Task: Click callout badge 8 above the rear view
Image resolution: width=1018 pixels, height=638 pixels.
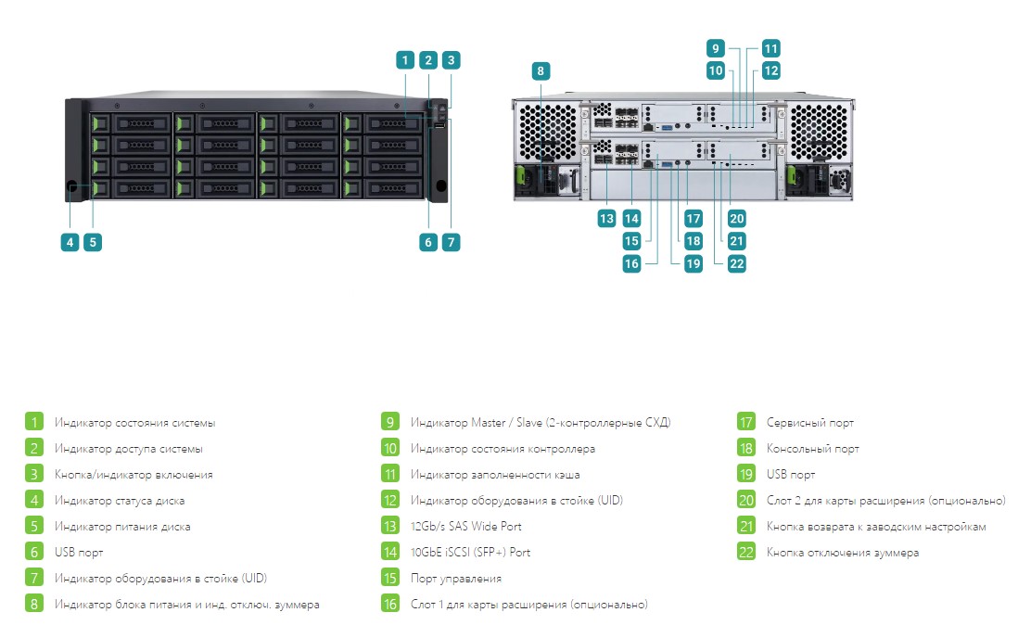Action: click(x=541, y=70)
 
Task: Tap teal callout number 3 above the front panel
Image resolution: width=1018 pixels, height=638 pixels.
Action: click(x=452, y=60)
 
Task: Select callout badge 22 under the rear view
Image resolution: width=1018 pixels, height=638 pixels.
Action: click(x=736, y=263)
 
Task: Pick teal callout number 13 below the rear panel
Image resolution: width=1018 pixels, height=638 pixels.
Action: click(x=606, y=218)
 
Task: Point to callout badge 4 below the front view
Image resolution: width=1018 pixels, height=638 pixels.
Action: click(x=70, y=242)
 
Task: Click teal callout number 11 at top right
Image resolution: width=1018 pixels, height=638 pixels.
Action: click(x=770, y=48)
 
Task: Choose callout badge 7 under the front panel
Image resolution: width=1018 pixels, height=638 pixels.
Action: click(x=452, y=242)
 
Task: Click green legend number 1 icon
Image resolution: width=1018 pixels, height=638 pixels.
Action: click(x=34, y=422)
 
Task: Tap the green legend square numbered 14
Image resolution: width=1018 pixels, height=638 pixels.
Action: click(x=390, y=553)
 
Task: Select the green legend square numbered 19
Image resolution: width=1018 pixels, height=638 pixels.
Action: click(x=746, y=474)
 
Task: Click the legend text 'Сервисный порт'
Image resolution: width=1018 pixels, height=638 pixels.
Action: click(x=810, y=423)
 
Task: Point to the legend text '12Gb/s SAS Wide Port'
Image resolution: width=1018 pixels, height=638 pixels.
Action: click(x=466, y=526)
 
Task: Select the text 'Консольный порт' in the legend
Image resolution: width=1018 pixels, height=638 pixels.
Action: click(x=813, y=449)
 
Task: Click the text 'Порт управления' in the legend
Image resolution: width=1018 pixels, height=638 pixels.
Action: click(x=456, y=579)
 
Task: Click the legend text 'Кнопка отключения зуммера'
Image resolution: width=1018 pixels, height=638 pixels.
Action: click(x=843, y=553)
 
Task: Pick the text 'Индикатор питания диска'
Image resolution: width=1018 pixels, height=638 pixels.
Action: click(x=122, y=527)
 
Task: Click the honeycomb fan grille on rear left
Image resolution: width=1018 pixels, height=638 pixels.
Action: click(x=547, y=131)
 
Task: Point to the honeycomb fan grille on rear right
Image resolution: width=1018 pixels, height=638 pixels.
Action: click(x=819, y=131)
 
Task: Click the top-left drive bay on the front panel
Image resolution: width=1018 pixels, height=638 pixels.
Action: click(x=132, y=122)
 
